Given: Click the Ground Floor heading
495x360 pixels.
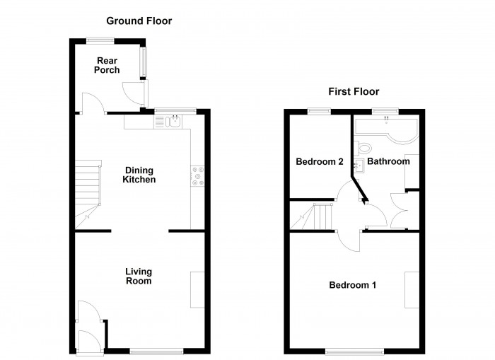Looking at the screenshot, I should (x=139, y=21).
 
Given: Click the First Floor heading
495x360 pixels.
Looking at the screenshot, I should (x=354, y=92).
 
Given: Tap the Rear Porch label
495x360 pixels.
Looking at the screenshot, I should (x=107, y=65).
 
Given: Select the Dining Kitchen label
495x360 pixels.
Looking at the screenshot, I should (x=139, y=175).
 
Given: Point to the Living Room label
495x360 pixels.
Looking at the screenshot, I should (x=139, y=276).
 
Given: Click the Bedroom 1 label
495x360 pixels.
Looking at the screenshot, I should (x=352, y=286).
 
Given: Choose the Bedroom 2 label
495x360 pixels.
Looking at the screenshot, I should (x=320, y=162).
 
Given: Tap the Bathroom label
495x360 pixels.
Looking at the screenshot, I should (x=388, y=162).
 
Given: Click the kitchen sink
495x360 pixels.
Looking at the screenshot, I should (x=173, y=122).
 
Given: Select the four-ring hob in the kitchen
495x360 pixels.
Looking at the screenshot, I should (x=197, y=176).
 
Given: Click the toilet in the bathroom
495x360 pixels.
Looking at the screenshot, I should (x=364, y=148).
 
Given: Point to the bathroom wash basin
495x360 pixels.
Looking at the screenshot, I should (x=359, y=166).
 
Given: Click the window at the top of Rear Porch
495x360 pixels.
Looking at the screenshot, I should (x=96, y=39).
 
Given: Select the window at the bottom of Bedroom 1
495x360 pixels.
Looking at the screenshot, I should (x=355, y=351).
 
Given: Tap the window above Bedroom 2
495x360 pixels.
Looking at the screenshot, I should (x=319, y=110).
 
